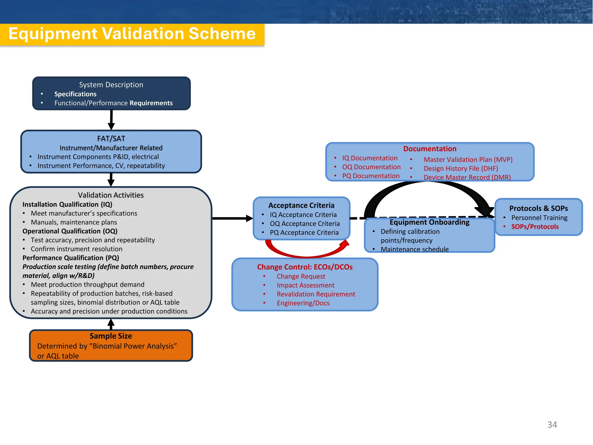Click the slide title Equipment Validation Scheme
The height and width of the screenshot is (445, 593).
click(132, 34)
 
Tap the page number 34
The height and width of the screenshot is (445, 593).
click(552, 424)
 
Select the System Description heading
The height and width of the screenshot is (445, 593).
click(111, 85)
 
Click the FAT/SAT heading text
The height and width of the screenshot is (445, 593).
click(111, 138)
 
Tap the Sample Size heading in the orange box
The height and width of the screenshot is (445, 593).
click(111, 336)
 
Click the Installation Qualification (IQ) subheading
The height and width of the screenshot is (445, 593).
click(67, 205)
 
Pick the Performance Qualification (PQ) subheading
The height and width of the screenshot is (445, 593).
click(71, 258)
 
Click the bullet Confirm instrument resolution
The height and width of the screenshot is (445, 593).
click(76, 249)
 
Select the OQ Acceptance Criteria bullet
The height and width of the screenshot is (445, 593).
click(305, 224)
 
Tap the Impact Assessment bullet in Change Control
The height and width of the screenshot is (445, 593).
click(305, 285)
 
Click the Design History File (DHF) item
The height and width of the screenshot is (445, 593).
click(461, 169)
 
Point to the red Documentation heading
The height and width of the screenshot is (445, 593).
click(430, 149)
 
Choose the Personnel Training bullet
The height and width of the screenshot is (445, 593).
click(539, 218)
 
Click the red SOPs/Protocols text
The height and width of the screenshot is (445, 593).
click(535, 227)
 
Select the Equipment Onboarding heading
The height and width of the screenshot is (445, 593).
click(429, 222)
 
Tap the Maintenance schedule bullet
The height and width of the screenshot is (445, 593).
click(414, 249)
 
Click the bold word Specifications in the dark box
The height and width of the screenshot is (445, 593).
click(75, 94)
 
